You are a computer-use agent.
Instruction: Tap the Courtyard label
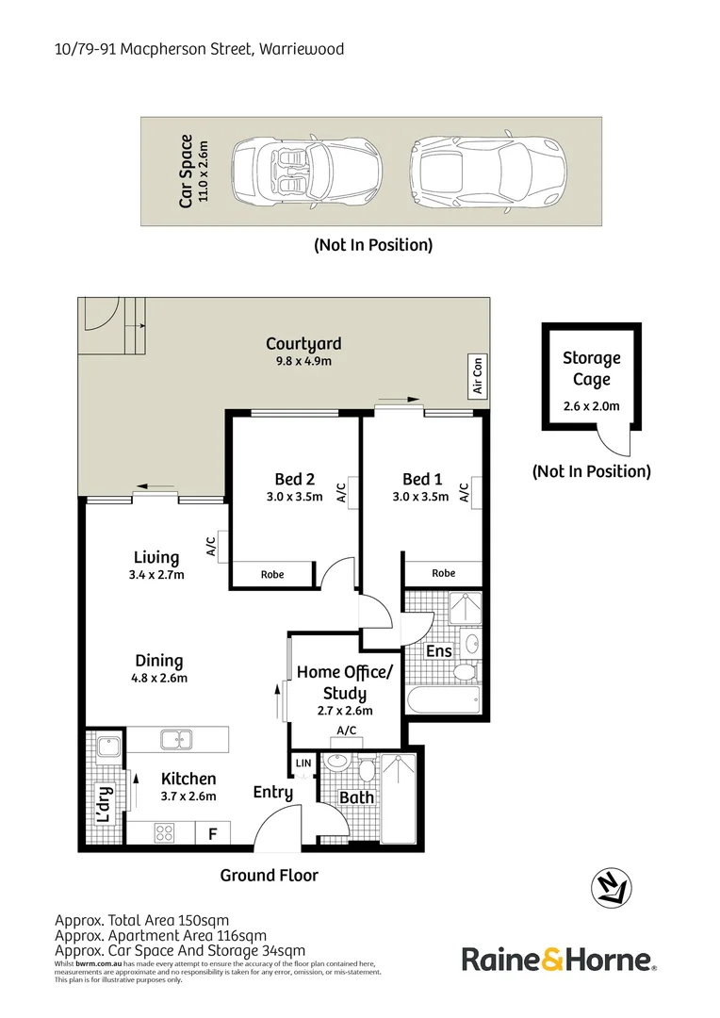(303, 344)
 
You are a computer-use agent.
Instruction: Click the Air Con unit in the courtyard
(478, 375)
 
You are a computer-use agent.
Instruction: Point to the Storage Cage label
(592, 369)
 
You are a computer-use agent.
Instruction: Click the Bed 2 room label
(295, 479)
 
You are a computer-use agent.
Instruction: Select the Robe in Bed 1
(444, 573)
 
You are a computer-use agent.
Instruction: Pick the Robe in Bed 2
(272, 574)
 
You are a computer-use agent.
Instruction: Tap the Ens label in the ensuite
(439, 650)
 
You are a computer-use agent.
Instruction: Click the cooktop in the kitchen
(164, 832)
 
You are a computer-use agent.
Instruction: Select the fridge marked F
(212, 833)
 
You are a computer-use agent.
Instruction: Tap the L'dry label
(105, 804)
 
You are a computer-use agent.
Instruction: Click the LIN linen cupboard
(303, 763)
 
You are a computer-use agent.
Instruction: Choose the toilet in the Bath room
(367, 769)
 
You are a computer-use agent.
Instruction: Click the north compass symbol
(611, 888)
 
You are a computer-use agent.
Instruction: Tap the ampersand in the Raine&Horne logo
(552, 959)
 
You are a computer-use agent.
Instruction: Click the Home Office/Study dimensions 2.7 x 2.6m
(345, 711)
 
